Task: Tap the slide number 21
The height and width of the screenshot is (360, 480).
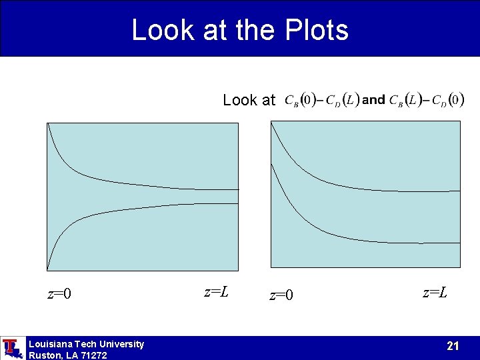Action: (x=453, y=345)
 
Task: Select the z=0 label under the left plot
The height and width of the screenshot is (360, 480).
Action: (x=59, y=293)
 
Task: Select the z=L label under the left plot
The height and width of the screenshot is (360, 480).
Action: (x=217, y=291)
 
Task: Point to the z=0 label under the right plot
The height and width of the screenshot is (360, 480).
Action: (x=281, y=295)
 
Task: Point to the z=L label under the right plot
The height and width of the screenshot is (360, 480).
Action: (x=435, y=292)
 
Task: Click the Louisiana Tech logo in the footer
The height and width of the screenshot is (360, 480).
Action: (x=12, y=348)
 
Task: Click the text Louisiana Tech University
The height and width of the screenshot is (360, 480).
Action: (x=86, y=344)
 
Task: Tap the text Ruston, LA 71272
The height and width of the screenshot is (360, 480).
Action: (x=67, y=355)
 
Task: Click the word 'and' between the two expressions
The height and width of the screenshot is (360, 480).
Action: (x=373, y=100)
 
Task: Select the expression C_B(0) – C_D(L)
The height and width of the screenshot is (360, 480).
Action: (x=322, y=100)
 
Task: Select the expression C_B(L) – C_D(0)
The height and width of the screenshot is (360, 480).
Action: (x=427, y=100)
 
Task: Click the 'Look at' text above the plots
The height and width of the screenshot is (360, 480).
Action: (x=249, y=100)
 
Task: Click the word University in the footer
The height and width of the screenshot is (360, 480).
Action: (x=121, y=344)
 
